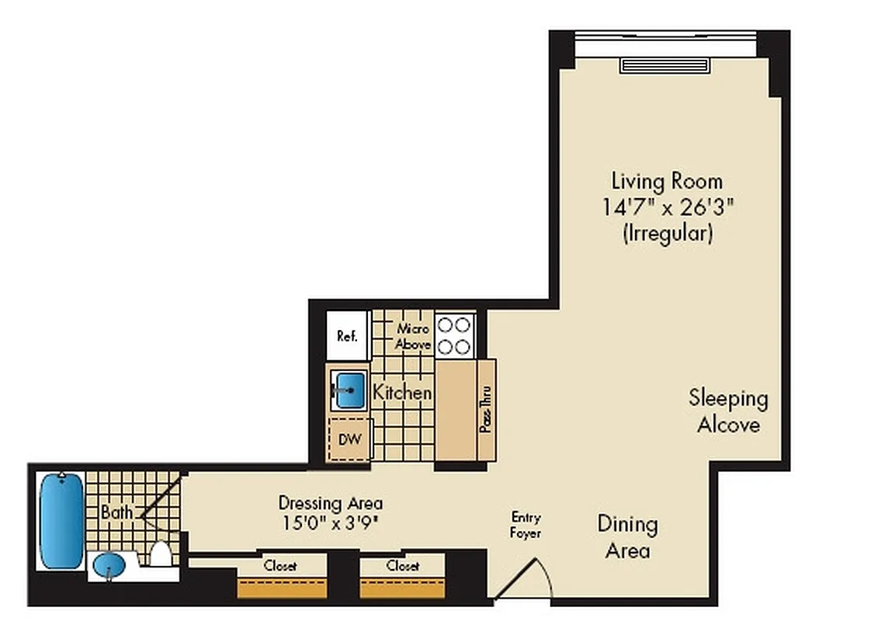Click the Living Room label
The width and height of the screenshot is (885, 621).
tap(667, 182)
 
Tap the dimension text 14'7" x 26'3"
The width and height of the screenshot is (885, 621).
tap(667, 207)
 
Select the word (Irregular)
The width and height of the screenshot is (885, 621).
tap(667, 233)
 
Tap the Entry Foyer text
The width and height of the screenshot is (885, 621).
tap(526, 526)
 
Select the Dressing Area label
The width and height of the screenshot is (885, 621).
tap(330, 503)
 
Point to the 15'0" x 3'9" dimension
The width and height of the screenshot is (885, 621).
tap(330, 522)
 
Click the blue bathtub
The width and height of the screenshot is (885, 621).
tap(61, 520)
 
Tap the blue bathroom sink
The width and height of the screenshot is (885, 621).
tap(108, 566)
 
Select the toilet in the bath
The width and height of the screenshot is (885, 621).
tap(161, 553)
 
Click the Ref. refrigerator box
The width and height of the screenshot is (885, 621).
tap(347, 335)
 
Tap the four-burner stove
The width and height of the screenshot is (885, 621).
tap(454, 335)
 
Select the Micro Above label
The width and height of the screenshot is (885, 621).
tap(412, 336)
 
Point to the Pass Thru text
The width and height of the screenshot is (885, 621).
tap(486, 409)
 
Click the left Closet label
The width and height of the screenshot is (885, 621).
tap(280, 566)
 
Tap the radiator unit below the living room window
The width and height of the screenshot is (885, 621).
tap(665, 65)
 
